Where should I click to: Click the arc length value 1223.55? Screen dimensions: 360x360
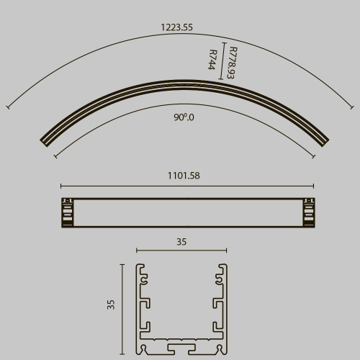pos(177,27)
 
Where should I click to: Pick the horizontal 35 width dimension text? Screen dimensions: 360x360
pos(181,243)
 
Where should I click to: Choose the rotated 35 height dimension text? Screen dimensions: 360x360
pos(111,304)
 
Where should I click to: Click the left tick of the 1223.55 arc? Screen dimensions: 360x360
pos(8,108)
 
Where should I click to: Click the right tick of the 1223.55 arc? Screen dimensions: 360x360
pos(352,108)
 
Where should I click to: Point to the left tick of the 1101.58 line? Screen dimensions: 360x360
pos(60,185)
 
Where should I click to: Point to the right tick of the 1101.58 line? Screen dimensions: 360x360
pos(313,185)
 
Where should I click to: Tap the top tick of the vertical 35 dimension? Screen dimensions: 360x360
pos(122,264)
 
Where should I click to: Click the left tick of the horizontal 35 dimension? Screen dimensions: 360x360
pos(137,251)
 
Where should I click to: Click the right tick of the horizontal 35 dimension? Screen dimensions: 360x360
pos(226,251)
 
